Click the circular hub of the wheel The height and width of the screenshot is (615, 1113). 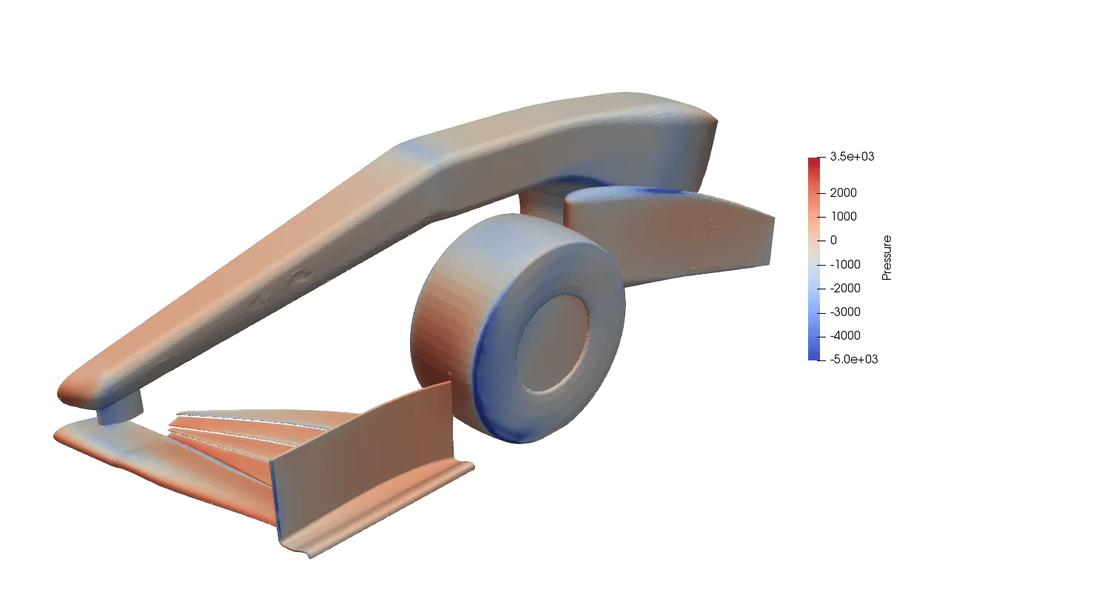point(553,343)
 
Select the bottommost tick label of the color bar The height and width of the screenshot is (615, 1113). point(855,360)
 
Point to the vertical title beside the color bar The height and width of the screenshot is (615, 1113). point(888,257)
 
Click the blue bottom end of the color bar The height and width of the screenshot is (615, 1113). point(814,355)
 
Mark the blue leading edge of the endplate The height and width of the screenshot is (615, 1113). point(274,488)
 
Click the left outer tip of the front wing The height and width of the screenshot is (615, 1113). point(63,433)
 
